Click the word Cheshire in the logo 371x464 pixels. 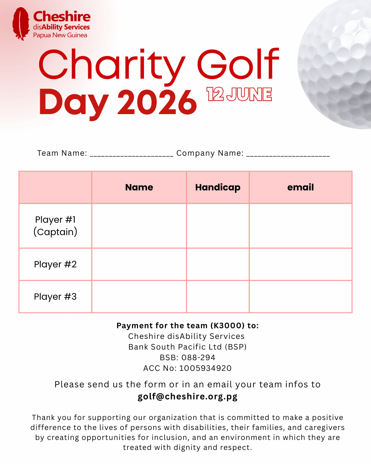[62, 16]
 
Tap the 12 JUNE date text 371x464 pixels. [239, 94]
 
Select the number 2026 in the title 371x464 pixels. [157, 102]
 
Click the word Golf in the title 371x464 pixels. [238, 65]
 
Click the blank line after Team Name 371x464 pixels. [132, 154]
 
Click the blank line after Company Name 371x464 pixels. [288, 154]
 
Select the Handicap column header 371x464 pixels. [218, 187]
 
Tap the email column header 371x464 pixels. [301, 187]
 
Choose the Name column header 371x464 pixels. [139, 187]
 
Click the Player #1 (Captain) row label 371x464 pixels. [55, 226]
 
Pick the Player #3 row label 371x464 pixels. [55, 297]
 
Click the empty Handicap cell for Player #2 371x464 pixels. [218, 264]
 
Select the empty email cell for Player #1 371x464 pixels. [301, 226]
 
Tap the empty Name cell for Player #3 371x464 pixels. [139, 297]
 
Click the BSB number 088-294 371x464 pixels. [198, 357]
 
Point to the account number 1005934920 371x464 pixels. [205, 368]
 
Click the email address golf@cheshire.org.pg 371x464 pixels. [188, 396]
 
